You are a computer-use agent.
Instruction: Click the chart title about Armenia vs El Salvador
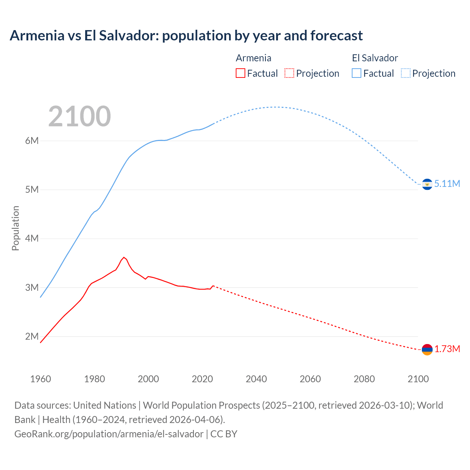click(186, 36)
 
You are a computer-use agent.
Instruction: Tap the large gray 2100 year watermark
click(79, 116)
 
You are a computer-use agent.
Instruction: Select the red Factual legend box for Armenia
click(240, 73)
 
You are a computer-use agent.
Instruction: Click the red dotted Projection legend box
click(289, 73)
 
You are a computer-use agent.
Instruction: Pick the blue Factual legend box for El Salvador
click(357, 73)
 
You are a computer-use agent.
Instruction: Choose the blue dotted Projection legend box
click(405, 73)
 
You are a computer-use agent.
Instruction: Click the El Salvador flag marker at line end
click(427, 184)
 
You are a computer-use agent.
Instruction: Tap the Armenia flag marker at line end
click(427, 350)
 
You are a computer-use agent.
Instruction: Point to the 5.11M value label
click(447, 184)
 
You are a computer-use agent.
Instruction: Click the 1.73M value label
click(447, 349)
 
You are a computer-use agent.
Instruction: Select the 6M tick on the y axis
click(32, 141)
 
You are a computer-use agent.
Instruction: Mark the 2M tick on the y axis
click(32, 336)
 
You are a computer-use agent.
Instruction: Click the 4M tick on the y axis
click(32, 239)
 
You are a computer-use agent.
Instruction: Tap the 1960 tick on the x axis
click(40, 379)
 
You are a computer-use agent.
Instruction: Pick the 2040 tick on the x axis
click(256, 379)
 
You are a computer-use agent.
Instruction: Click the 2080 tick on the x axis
click(364, 379)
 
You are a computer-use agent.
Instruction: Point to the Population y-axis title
click(15, 228)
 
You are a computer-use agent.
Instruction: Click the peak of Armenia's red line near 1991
click(124, 257)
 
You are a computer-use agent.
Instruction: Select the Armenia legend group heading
click(253, 58)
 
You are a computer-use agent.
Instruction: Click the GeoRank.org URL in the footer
click(109, 434)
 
